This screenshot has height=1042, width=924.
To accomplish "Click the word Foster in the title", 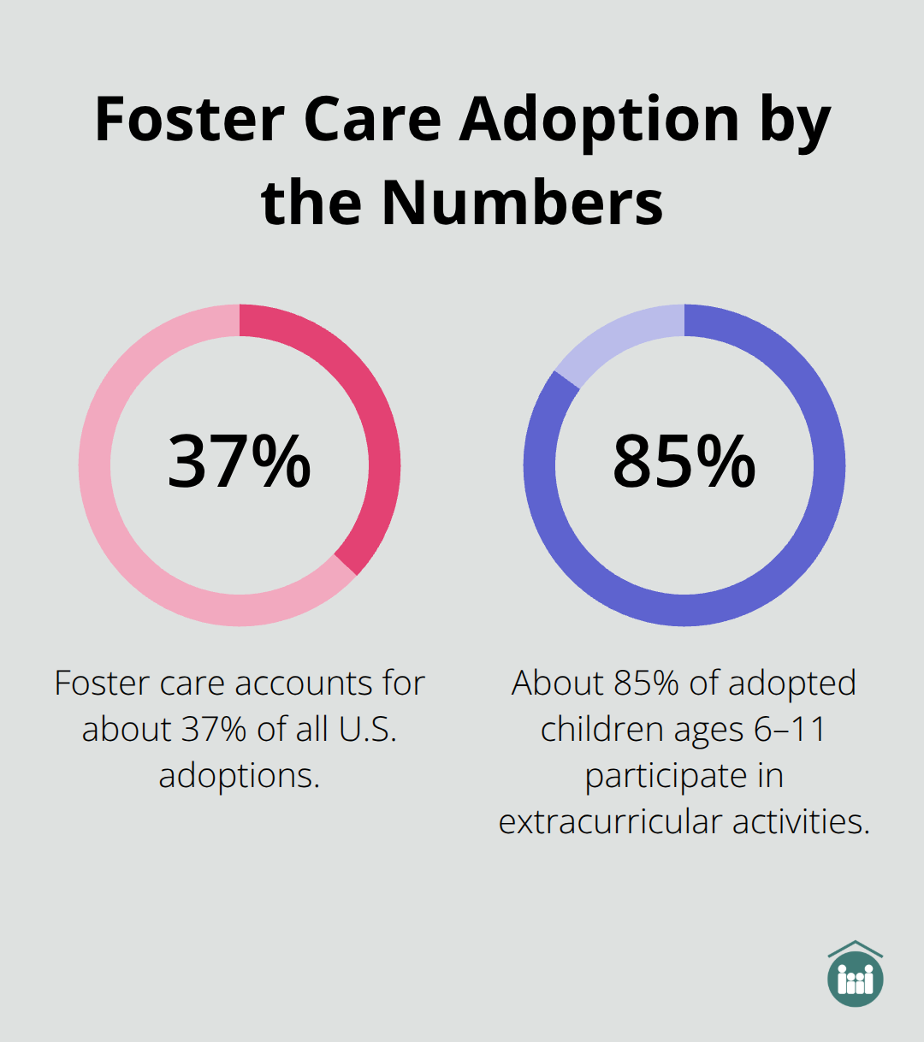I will tap(189, 119).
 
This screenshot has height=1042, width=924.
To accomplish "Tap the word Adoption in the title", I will tap(600, 119).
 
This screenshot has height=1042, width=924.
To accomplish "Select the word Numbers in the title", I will tap(522, 203).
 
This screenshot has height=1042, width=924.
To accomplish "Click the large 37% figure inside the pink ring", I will tap(240, 462).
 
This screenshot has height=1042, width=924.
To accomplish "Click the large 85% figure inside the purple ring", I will tap(684, 462).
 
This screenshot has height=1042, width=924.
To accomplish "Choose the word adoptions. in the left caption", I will tap(240, 775).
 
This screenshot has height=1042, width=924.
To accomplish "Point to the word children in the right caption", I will tap(603, 729).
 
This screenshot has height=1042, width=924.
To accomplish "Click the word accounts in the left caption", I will tap(305, 683).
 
